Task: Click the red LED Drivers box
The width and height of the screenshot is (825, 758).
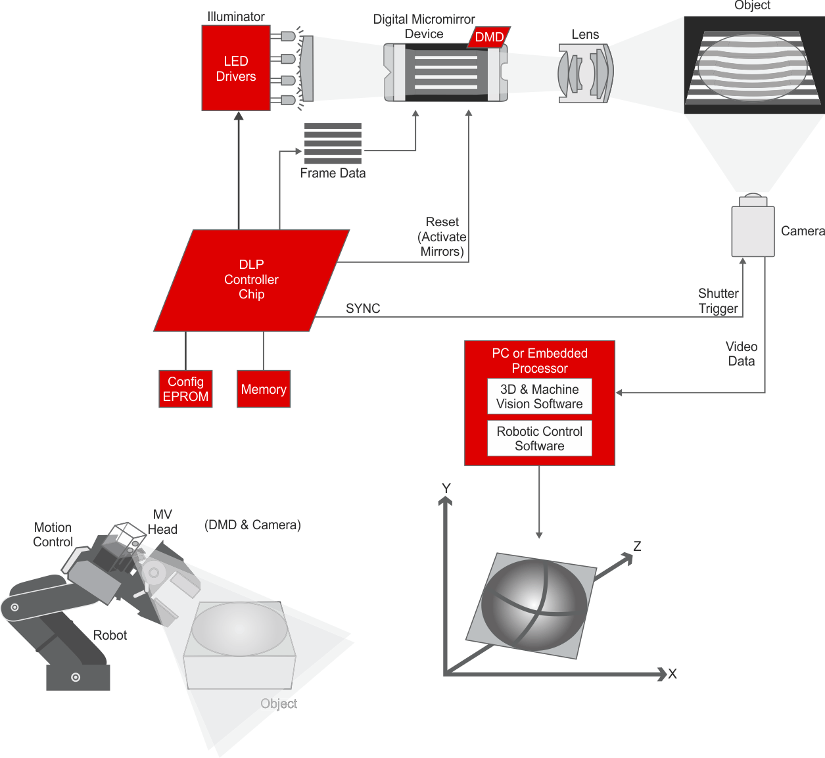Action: [235, 68]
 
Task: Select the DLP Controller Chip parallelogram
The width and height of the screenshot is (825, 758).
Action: [251, 280]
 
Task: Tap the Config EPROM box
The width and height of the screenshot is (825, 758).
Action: [185, 389]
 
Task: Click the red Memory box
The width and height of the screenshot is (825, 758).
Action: [263, 389]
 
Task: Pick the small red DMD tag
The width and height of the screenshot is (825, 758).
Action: [489, 37]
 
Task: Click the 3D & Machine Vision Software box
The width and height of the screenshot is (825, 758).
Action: [539, 396]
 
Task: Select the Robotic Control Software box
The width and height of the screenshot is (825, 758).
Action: [539, 438]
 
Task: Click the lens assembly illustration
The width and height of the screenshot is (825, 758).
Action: [585, 73]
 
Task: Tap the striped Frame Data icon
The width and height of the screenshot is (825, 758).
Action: [333, 143]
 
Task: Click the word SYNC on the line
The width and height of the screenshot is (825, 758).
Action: [363, 308]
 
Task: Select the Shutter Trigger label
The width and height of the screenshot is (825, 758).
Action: [718, 301]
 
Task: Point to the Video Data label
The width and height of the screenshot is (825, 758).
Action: [741, 354]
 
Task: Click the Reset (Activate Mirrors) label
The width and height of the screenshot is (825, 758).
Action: [442, 237]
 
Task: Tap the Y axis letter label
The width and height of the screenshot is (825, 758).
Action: [446, 488]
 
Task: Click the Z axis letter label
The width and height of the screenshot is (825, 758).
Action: [637, 546]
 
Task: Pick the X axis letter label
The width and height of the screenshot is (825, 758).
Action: [672, 674]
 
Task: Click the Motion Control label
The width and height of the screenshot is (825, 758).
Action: [53, 534]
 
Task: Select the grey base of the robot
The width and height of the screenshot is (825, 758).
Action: [78, 677]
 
